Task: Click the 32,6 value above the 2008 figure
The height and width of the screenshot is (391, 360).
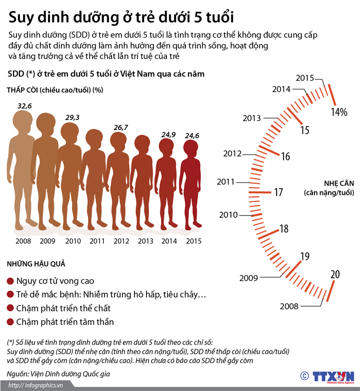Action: click(25, 106)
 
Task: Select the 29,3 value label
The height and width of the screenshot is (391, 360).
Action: click(72, 117)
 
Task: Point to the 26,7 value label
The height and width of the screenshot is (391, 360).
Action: click(121, 127)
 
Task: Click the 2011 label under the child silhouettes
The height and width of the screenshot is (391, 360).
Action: click(97, 241)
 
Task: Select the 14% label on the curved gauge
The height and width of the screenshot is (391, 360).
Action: click(338, 112)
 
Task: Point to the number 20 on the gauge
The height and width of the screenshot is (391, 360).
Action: click(335, 274)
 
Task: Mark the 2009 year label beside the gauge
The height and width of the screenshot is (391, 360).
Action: click(249, 278)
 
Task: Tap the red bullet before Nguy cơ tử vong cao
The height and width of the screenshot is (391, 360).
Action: click(10, 281)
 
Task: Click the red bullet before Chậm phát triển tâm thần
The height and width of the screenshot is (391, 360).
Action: click(10, 321)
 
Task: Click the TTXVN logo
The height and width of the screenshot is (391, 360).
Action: click(332, 376)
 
